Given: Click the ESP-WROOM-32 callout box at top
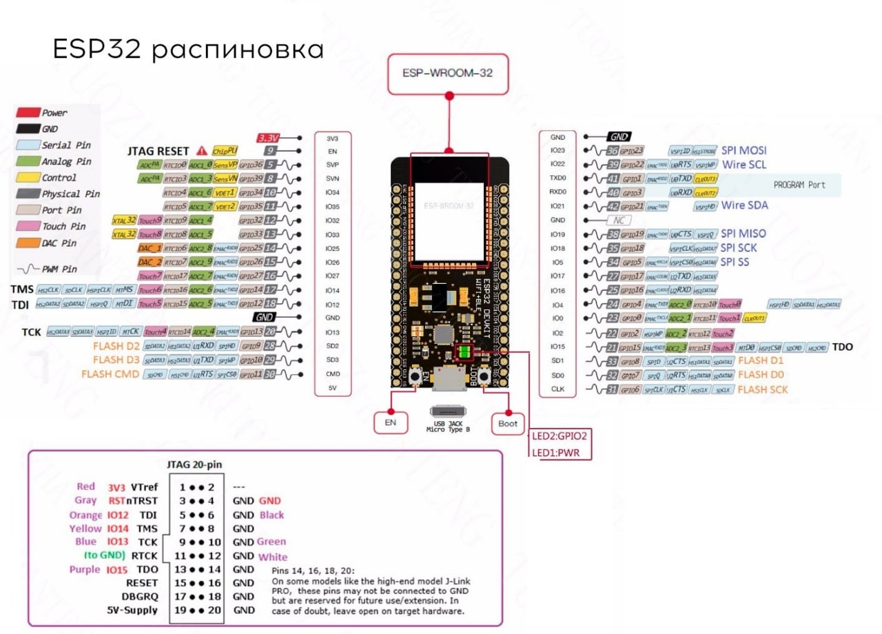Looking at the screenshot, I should click(x=448, y=71).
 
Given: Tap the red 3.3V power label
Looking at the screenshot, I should click(x=267, y=138).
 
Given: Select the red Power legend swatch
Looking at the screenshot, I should click(x=27, y=112).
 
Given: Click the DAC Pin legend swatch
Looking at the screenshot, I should click(x=27, y=243).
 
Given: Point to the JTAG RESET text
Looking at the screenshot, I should click(x=158, y=151).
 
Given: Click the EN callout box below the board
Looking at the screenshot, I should click(x=390, y=422).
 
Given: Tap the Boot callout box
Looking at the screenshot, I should click(x=507, y=423).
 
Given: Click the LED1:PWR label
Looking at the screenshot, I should click(x=555, y=453).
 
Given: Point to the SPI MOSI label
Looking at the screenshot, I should click(x=743, y=150).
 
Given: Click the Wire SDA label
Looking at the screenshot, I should click(x=744, y=205).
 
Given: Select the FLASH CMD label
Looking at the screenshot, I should click(x=110, y=374).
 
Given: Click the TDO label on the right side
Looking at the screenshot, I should click(x=842, y=347).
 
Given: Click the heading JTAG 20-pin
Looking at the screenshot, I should click(x=194, y=464).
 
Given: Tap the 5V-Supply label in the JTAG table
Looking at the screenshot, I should click(x=132, y=610).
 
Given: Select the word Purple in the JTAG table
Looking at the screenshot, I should click(x=85, y=570).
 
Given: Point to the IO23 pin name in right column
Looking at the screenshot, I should click(x=557, y=150).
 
